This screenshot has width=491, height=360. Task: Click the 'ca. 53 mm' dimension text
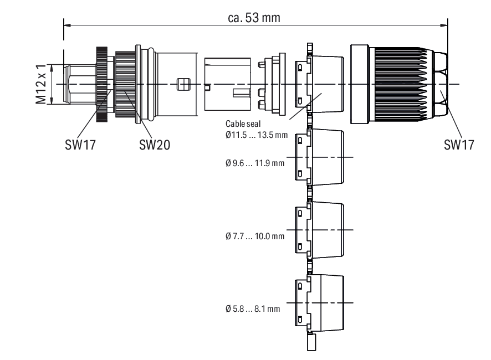[x=254, y=17]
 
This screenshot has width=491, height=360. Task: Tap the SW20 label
[x=155, y=145]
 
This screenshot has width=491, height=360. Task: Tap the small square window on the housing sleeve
[x=181, y=84]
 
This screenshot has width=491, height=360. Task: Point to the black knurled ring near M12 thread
[x=101, y=84]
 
